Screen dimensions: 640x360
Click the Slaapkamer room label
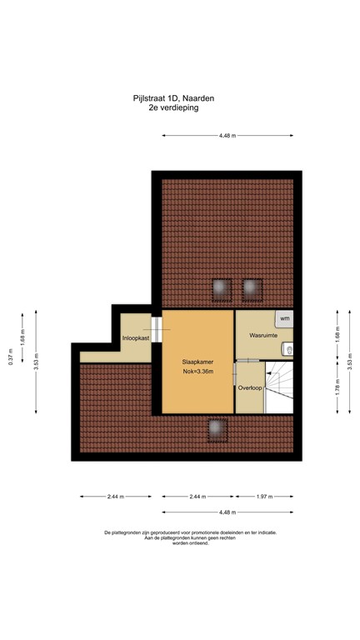pyautogui.click(x=198, y=362)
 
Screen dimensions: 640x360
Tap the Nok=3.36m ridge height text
pyautogui.click(x=198, y=372)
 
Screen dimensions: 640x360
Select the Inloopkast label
pyautogui.click(x=135, y=338)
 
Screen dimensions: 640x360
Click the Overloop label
pyautogui.click(x=249, y=388)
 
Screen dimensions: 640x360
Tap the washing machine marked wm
pyautogui.click(x=284, y=318)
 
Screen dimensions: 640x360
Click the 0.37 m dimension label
pyautogui.click(x=12, y=356)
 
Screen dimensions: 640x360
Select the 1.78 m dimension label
pyautogui.click(x=338, y=387)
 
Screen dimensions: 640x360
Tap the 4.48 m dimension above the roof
pyautogui.click(x=227, y=135)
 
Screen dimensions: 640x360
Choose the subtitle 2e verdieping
pyautogui.click(x=179, y=108)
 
